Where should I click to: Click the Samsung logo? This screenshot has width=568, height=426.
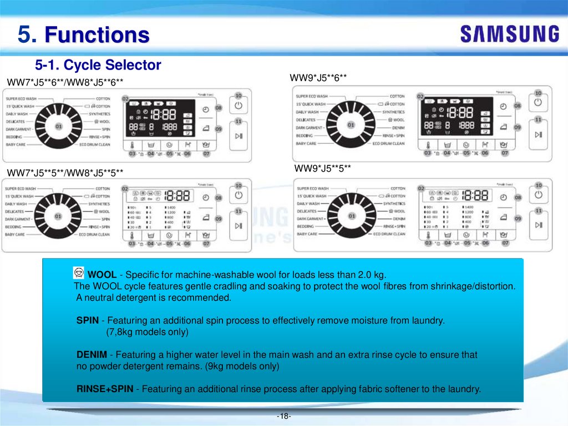coord(509,34)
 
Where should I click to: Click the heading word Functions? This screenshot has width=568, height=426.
coord(97,35)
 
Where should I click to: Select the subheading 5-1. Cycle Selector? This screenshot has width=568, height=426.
coord(98,66)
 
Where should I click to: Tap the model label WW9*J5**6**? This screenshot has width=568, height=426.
coord(318,79)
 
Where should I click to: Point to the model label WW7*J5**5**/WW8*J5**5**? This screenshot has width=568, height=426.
coord(65,173)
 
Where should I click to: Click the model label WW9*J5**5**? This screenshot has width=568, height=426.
coord(322,168)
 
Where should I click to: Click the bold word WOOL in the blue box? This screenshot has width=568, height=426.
coord(102,275)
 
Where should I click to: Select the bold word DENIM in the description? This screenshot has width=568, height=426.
coord(92,355)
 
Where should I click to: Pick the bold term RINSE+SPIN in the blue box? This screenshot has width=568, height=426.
coord(105,389)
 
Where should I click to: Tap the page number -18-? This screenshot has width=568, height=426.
coord(284,416)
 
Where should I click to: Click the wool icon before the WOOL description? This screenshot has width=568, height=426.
coord(80,273)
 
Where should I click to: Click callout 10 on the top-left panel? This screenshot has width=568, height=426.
coord(239,96)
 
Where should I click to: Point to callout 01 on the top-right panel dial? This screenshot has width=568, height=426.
coord(351,125)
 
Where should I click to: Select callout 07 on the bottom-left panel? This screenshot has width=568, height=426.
coord(206,243)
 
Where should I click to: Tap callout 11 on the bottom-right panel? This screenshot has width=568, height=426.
coord(538,211)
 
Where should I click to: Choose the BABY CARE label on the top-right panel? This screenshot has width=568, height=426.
coord(306,144)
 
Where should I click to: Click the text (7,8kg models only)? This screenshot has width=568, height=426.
coord(147,332)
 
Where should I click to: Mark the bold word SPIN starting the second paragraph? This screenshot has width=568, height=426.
coord(87,320)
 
